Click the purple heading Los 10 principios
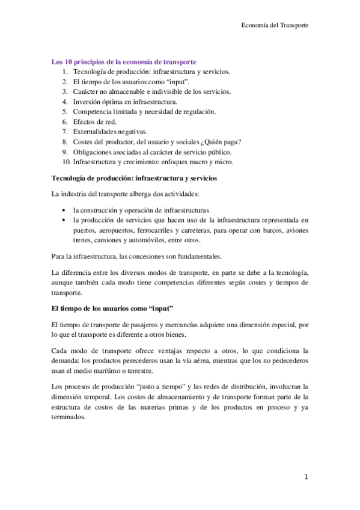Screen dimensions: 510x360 tap(124, 61)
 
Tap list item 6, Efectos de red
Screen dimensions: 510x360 tap(94, 121)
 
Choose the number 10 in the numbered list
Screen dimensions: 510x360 tap(66, 162)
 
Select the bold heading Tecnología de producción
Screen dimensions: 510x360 tap(134, 179)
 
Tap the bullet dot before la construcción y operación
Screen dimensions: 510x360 tap(64, 210)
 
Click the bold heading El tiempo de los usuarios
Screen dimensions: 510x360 tap(112, 309)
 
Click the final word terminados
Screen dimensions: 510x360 tap(69, 416)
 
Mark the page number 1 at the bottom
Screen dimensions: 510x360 tap(306, 478)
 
